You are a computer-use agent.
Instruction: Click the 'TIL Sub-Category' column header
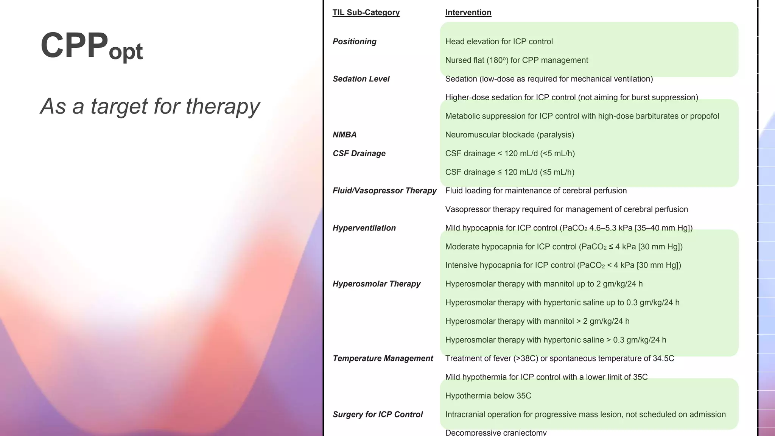(366, 12)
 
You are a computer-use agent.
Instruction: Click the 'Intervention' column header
(468, 12)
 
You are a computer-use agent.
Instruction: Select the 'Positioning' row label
(354, 42)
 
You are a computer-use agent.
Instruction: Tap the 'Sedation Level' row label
(361, 79)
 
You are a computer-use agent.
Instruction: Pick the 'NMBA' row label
(344, 135)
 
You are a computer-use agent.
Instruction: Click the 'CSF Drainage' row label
(359, 154)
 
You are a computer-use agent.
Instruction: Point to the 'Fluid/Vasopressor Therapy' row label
(384, 191)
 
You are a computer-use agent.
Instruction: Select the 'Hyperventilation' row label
(364, 228)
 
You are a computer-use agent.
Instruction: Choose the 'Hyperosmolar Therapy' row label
(376, 284)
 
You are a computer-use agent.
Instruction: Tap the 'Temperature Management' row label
(383, 358)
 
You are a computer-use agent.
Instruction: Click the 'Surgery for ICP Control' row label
(377, 414)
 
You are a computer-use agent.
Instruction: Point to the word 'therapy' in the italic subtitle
(222, 107)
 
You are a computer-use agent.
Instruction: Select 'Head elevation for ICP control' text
(498, 42)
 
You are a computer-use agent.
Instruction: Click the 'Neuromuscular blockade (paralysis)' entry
(509, 135)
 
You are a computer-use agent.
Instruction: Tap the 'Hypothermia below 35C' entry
(488, 396)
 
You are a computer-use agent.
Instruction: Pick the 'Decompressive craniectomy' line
(495, 432)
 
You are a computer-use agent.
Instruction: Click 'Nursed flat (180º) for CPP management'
(516, 60)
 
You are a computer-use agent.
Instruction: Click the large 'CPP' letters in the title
(74, 45)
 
